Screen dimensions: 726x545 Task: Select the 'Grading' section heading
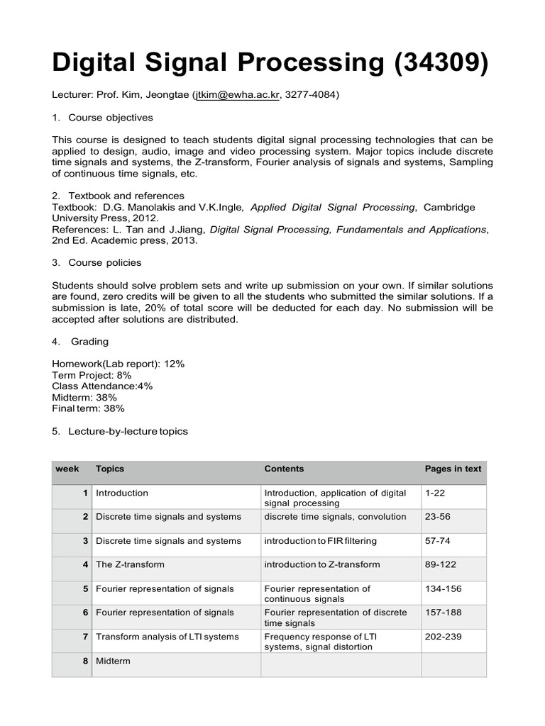tap(89, 341)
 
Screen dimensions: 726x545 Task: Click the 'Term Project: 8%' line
tap(92, 374)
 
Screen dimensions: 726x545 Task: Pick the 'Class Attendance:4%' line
tap(102, 386)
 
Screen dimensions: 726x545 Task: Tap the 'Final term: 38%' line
tap(88, 408)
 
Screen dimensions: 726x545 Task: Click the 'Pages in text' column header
tap(453, 469)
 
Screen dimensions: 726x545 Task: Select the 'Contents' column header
tap(284, 469)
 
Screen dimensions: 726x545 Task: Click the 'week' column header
tap(67, 469)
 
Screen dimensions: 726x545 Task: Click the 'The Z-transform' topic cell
tap(130, 564)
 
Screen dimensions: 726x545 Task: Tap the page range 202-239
tap(443, 637)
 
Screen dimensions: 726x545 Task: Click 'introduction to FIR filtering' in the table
tap(320, 541)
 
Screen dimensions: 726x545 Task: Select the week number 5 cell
tap(85, 588)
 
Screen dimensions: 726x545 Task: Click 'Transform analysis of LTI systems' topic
tap(167, 637)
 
